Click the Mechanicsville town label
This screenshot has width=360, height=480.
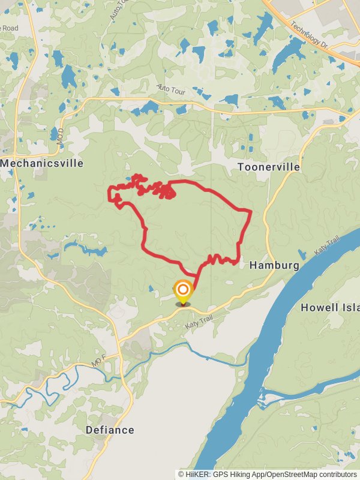point(41,163)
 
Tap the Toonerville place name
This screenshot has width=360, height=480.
point(268,167)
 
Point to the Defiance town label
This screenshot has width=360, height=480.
point(110,430)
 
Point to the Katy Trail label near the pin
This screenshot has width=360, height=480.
point(199,322)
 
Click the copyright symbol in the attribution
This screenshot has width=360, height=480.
point(181,474)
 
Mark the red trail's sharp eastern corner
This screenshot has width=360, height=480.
point(249,211)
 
